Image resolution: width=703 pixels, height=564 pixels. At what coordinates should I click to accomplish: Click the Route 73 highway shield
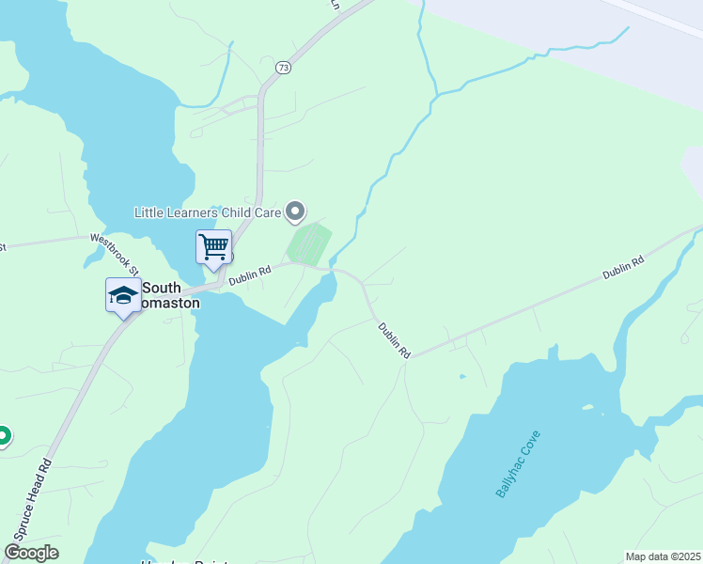(283, 68)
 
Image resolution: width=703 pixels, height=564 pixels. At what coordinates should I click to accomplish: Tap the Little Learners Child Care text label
(208, 213)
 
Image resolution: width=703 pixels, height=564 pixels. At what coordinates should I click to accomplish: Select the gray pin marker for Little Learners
(296, 211)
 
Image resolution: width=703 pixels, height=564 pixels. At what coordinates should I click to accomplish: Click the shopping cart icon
(213, 247)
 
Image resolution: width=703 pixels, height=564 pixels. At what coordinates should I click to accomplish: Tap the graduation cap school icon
(123, 296)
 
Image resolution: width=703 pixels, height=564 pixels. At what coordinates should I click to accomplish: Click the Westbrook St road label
(114, 254)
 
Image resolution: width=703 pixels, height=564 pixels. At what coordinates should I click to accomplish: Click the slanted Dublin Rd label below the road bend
(395, 340)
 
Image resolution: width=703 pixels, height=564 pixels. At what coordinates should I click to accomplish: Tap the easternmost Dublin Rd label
(624, 267)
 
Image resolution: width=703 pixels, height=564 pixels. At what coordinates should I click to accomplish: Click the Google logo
(31, 553)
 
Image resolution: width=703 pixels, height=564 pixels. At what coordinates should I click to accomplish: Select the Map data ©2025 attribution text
(663, 556)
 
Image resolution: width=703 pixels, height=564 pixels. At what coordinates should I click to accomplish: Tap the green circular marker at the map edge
(3, 435)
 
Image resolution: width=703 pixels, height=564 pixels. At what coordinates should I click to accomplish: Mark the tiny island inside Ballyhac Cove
(590, 409)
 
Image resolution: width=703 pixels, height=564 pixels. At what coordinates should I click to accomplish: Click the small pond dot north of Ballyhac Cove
(461, 377)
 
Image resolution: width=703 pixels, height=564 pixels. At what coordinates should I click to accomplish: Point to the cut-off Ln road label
(334, 4)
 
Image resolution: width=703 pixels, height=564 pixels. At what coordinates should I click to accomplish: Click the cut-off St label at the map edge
(3, 247)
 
